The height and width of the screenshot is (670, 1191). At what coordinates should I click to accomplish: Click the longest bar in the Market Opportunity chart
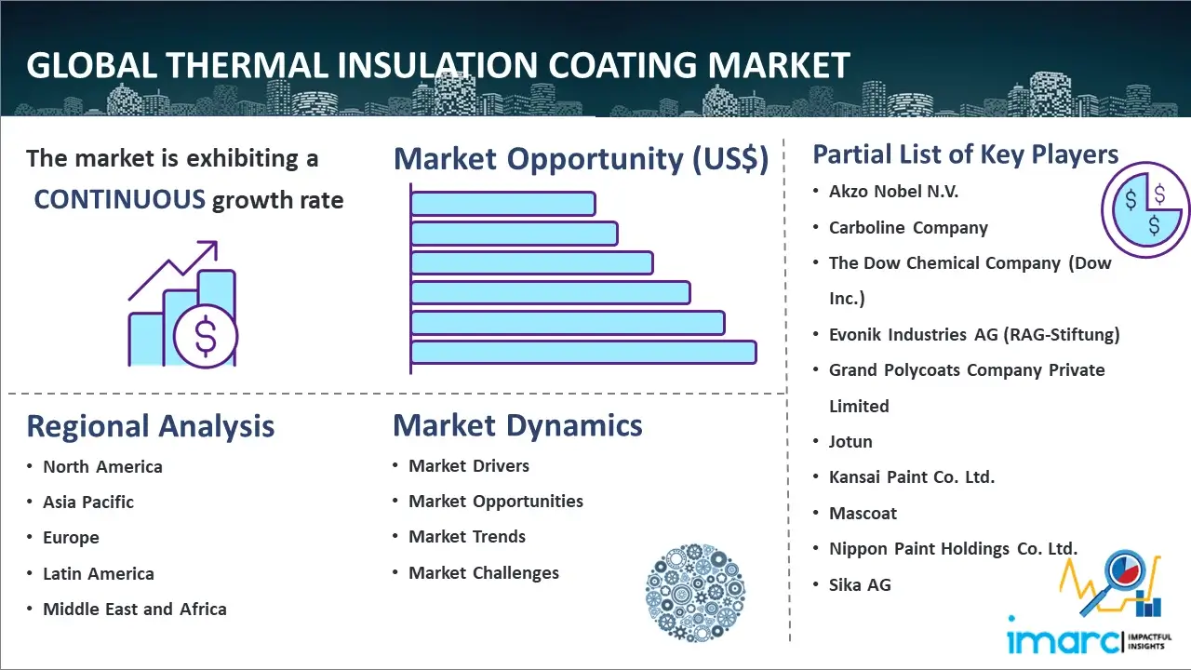[x=583, y=353]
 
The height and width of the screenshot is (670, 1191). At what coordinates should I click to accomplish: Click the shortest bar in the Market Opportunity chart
[x=502, y=204]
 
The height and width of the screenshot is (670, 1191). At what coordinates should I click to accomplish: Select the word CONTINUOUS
[x=120, y=199]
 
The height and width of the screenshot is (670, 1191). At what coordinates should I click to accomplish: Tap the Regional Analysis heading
[x=150, y=426]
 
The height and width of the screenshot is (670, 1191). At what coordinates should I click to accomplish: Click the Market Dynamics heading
[x=517, y=425]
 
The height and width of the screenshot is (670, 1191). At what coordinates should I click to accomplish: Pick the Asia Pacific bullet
[x=88, y=502]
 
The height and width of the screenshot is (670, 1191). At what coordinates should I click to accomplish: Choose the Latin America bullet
[x=99, y=574]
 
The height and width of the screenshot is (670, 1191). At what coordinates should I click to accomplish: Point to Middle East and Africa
[x=135, y=610]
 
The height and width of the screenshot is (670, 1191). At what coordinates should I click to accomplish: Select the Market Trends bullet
[x=467, y=537]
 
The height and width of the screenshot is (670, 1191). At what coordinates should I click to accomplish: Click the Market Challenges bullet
[x=484, y=573]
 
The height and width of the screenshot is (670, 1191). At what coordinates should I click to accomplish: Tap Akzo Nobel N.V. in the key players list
[x=893, y=192]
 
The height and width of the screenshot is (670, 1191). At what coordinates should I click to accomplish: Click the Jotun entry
[x=850, y=442]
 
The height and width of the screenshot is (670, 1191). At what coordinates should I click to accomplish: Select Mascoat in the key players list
[x=863, y=514]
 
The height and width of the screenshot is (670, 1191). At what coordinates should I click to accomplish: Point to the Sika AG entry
[x=860, y=585]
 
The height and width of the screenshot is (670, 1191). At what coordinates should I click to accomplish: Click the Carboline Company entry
[x=908, y=228]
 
